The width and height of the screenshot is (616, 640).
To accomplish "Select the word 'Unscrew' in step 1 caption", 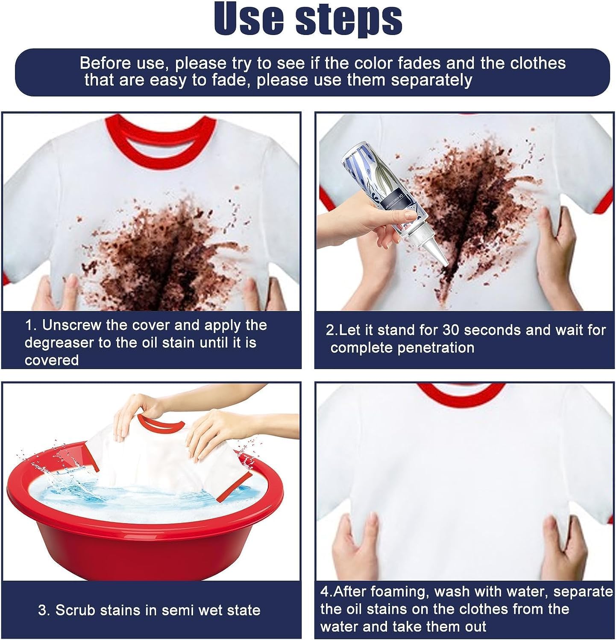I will [72, 325].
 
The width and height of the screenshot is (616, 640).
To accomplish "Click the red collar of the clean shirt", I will [461, 395].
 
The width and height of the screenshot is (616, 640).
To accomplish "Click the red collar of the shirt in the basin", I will [162, 422].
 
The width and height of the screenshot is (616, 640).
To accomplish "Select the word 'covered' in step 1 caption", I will [52, 360].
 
